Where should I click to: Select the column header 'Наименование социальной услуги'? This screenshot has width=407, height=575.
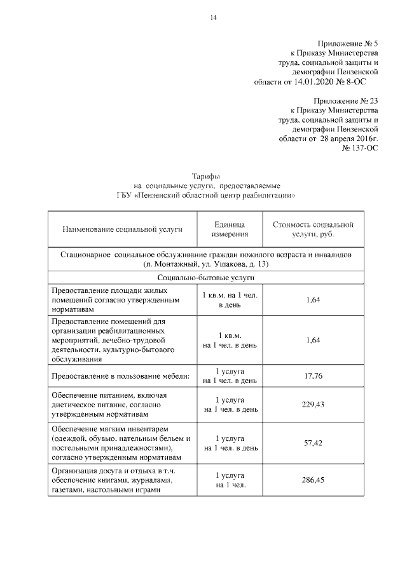click(x=122, y=229)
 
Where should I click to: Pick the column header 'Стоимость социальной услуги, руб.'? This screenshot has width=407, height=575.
click(x=313, y=229)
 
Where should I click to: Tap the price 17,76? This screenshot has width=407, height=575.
click(x=313, y=376)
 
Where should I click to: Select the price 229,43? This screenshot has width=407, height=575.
click(x=313, y=405)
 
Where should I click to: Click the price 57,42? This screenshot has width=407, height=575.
click(x=313, y=443)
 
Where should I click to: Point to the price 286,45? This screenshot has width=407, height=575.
click(x=313, y=480)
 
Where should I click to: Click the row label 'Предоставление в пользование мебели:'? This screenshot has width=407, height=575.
click(x=121, y=376)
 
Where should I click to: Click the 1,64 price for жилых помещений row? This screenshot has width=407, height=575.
click(x=313, y=301)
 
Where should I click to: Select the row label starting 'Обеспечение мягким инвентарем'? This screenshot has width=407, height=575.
click(x=121, y=443)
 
